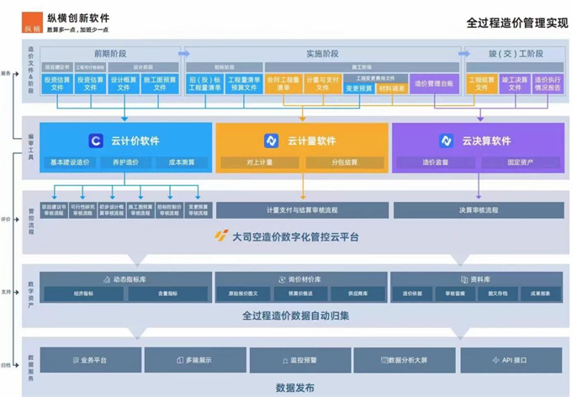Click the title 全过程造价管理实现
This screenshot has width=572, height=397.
[x=516, y=23]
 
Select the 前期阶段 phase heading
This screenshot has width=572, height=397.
[x=112, y=54]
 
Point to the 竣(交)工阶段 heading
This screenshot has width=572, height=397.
[x=515, y=54]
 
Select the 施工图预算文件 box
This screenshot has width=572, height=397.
[x=160, y=83]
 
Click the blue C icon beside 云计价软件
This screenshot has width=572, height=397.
[x=96, y=140]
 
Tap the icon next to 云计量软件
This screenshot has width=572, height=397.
[x=272, y=140]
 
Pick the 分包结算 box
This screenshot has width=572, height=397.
[x=344, y=162]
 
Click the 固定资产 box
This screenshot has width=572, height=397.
[x=521, y=162]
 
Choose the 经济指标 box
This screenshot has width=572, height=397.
[x=83, y=294]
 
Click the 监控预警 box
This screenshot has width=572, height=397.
[x=300, y=360]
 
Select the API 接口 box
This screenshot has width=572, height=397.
[x=509, y=360]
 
